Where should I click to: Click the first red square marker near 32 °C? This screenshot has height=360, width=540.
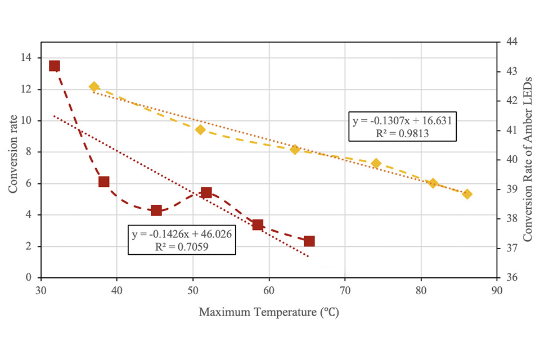[x=55, y=66]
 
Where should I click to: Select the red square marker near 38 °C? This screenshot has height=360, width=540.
[x=103, y=182]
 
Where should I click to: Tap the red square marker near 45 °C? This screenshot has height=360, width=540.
[x=156, y=210]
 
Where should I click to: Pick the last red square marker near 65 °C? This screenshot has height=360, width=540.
[x=309, y=241]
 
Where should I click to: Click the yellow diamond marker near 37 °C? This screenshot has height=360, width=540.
[x=94, y=87]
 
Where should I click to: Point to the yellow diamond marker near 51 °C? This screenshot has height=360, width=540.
[x=200, y=130]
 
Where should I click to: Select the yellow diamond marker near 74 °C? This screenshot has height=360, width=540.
[x=376, y=164]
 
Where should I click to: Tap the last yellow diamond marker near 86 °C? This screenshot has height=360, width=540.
[x=467, y=194]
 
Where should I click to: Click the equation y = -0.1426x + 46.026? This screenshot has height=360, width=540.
[x=182, y=234]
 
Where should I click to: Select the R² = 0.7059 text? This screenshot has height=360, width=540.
[x=182, y=246]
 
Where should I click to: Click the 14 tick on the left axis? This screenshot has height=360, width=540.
[x=27, y=58]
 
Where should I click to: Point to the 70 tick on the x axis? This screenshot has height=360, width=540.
[x=345, y=291]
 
